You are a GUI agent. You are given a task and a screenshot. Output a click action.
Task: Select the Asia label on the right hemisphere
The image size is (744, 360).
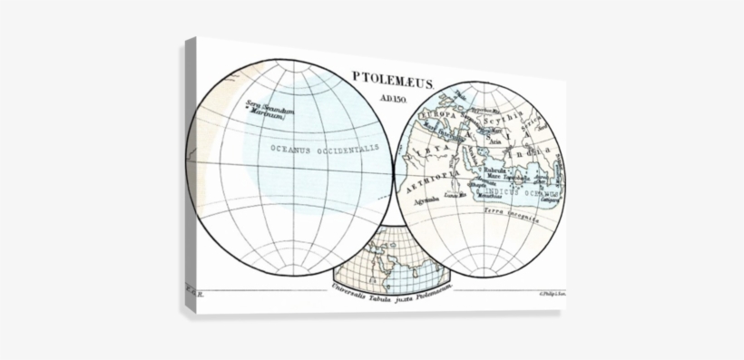click(495, 141)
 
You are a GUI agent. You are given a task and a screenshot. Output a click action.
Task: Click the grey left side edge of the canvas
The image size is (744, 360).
click(188, 181)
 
